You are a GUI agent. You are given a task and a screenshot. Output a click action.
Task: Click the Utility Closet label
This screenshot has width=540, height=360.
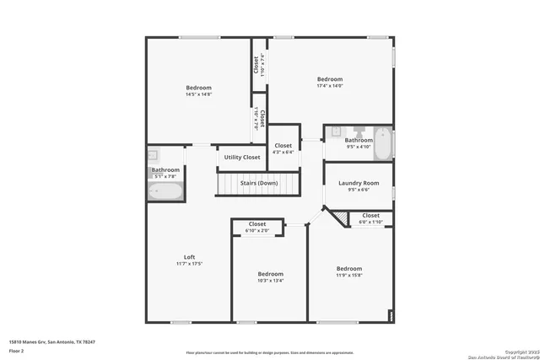(x=241, y=158)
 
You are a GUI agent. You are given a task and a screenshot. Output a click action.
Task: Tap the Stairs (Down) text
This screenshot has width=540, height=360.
(x=258, y=183)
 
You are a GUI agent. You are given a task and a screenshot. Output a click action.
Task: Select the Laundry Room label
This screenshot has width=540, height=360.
(x=359, y=183)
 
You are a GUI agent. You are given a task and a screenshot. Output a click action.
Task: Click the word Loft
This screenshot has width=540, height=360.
(x=189, y=257)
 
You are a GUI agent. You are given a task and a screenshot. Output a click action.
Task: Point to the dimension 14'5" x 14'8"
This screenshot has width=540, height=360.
(x=198, y=95)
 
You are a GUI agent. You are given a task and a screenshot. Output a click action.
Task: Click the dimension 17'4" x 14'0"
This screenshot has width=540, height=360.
(x=329, y=86)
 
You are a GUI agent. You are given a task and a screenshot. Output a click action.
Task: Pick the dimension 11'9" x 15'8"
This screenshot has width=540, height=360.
(x=348, y=275)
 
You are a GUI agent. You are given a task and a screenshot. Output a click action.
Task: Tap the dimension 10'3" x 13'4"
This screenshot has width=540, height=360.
(x=270, y=281)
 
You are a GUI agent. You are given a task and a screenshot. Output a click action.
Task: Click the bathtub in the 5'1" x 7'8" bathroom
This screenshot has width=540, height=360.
(x=165, y=191)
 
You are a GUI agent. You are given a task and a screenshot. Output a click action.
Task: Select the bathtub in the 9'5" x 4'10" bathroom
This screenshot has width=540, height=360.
(x=383, y=143)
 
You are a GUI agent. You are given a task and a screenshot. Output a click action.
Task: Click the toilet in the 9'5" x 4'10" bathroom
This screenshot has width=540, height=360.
(x=359, y=132)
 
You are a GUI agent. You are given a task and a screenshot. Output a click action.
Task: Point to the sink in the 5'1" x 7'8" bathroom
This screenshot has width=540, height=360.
(x=154, y=155)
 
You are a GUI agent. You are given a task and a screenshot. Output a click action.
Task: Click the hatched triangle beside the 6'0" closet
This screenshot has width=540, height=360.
(x=340, y=218)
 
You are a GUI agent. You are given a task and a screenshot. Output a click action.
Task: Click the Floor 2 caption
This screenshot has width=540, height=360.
(x=17, y=350)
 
